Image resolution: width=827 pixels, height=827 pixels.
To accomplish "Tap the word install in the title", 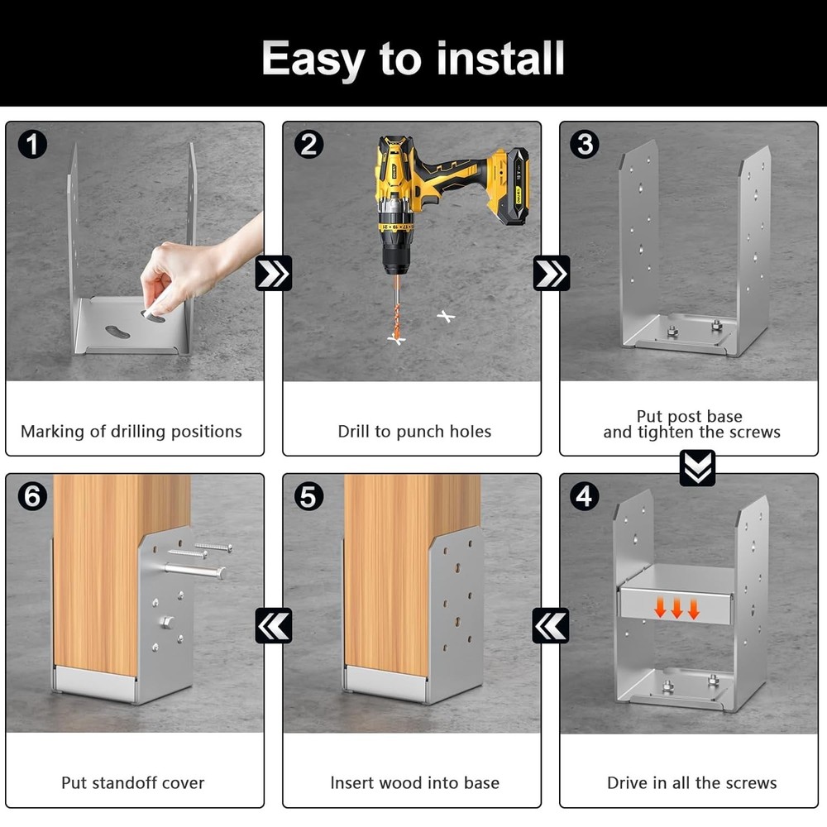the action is (x=500, y=58).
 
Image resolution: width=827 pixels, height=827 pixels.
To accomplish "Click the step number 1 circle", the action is (x=32, y=145).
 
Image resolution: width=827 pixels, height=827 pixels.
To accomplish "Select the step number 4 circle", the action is (x=585, y=496).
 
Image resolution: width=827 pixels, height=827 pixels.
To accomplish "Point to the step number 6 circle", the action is (x=32, y=496).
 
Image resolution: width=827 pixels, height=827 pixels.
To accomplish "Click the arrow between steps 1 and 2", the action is (x=273, y=273).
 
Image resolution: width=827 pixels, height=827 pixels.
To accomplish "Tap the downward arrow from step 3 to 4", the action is (x=697, y=468).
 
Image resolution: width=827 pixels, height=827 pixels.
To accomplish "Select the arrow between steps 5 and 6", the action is (x=273, y=625).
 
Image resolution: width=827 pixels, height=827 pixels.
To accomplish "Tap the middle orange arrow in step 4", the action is (x=676, y=608).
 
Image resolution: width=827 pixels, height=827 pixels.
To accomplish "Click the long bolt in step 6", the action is (x=195, y=570).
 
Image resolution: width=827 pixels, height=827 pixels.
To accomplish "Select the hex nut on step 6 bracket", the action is (x=166, y=622).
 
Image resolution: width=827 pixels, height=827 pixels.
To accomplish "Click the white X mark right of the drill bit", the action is (x=447, y=316).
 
